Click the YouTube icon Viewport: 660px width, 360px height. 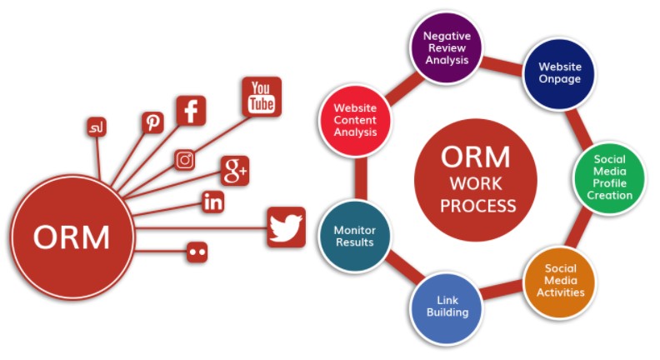coord(262,97)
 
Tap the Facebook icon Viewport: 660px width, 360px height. coord(191,111)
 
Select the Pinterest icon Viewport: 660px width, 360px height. coord(152,123)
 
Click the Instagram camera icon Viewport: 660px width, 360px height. coord(185,160)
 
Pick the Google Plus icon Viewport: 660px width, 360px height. coord(234,171)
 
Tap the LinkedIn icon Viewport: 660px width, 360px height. coord(213,201)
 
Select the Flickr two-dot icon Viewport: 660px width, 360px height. coord(197,251)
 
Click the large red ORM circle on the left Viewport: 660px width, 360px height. coord(72,237)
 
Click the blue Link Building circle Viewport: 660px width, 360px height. coord(447,305)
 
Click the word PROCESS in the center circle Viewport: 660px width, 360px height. coord(477,205)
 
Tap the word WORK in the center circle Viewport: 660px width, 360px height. coord(477,182)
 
